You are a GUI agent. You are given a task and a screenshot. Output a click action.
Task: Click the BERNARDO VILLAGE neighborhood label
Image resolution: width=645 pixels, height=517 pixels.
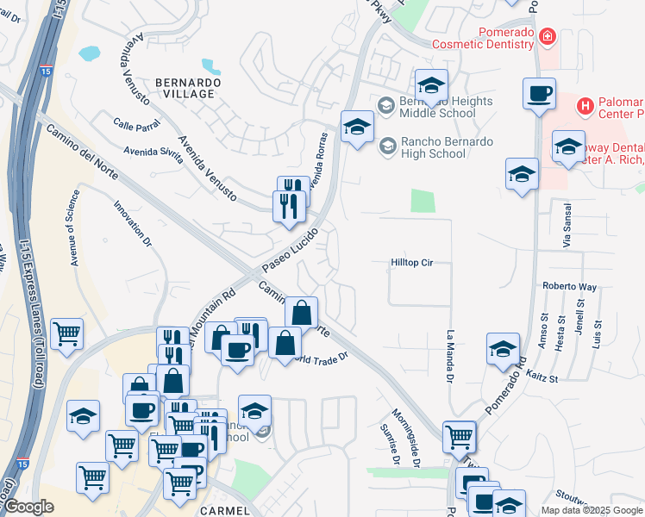pos(185,87)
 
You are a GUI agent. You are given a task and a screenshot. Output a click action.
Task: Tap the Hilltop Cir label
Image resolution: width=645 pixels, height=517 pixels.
pos(410,263)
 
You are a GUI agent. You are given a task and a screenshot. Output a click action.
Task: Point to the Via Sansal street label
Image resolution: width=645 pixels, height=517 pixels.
pos(567,227)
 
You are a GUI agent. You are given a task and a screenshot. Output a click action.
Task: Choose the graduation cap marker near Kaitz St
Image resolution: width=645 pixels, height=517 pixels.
pos(503,349)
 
